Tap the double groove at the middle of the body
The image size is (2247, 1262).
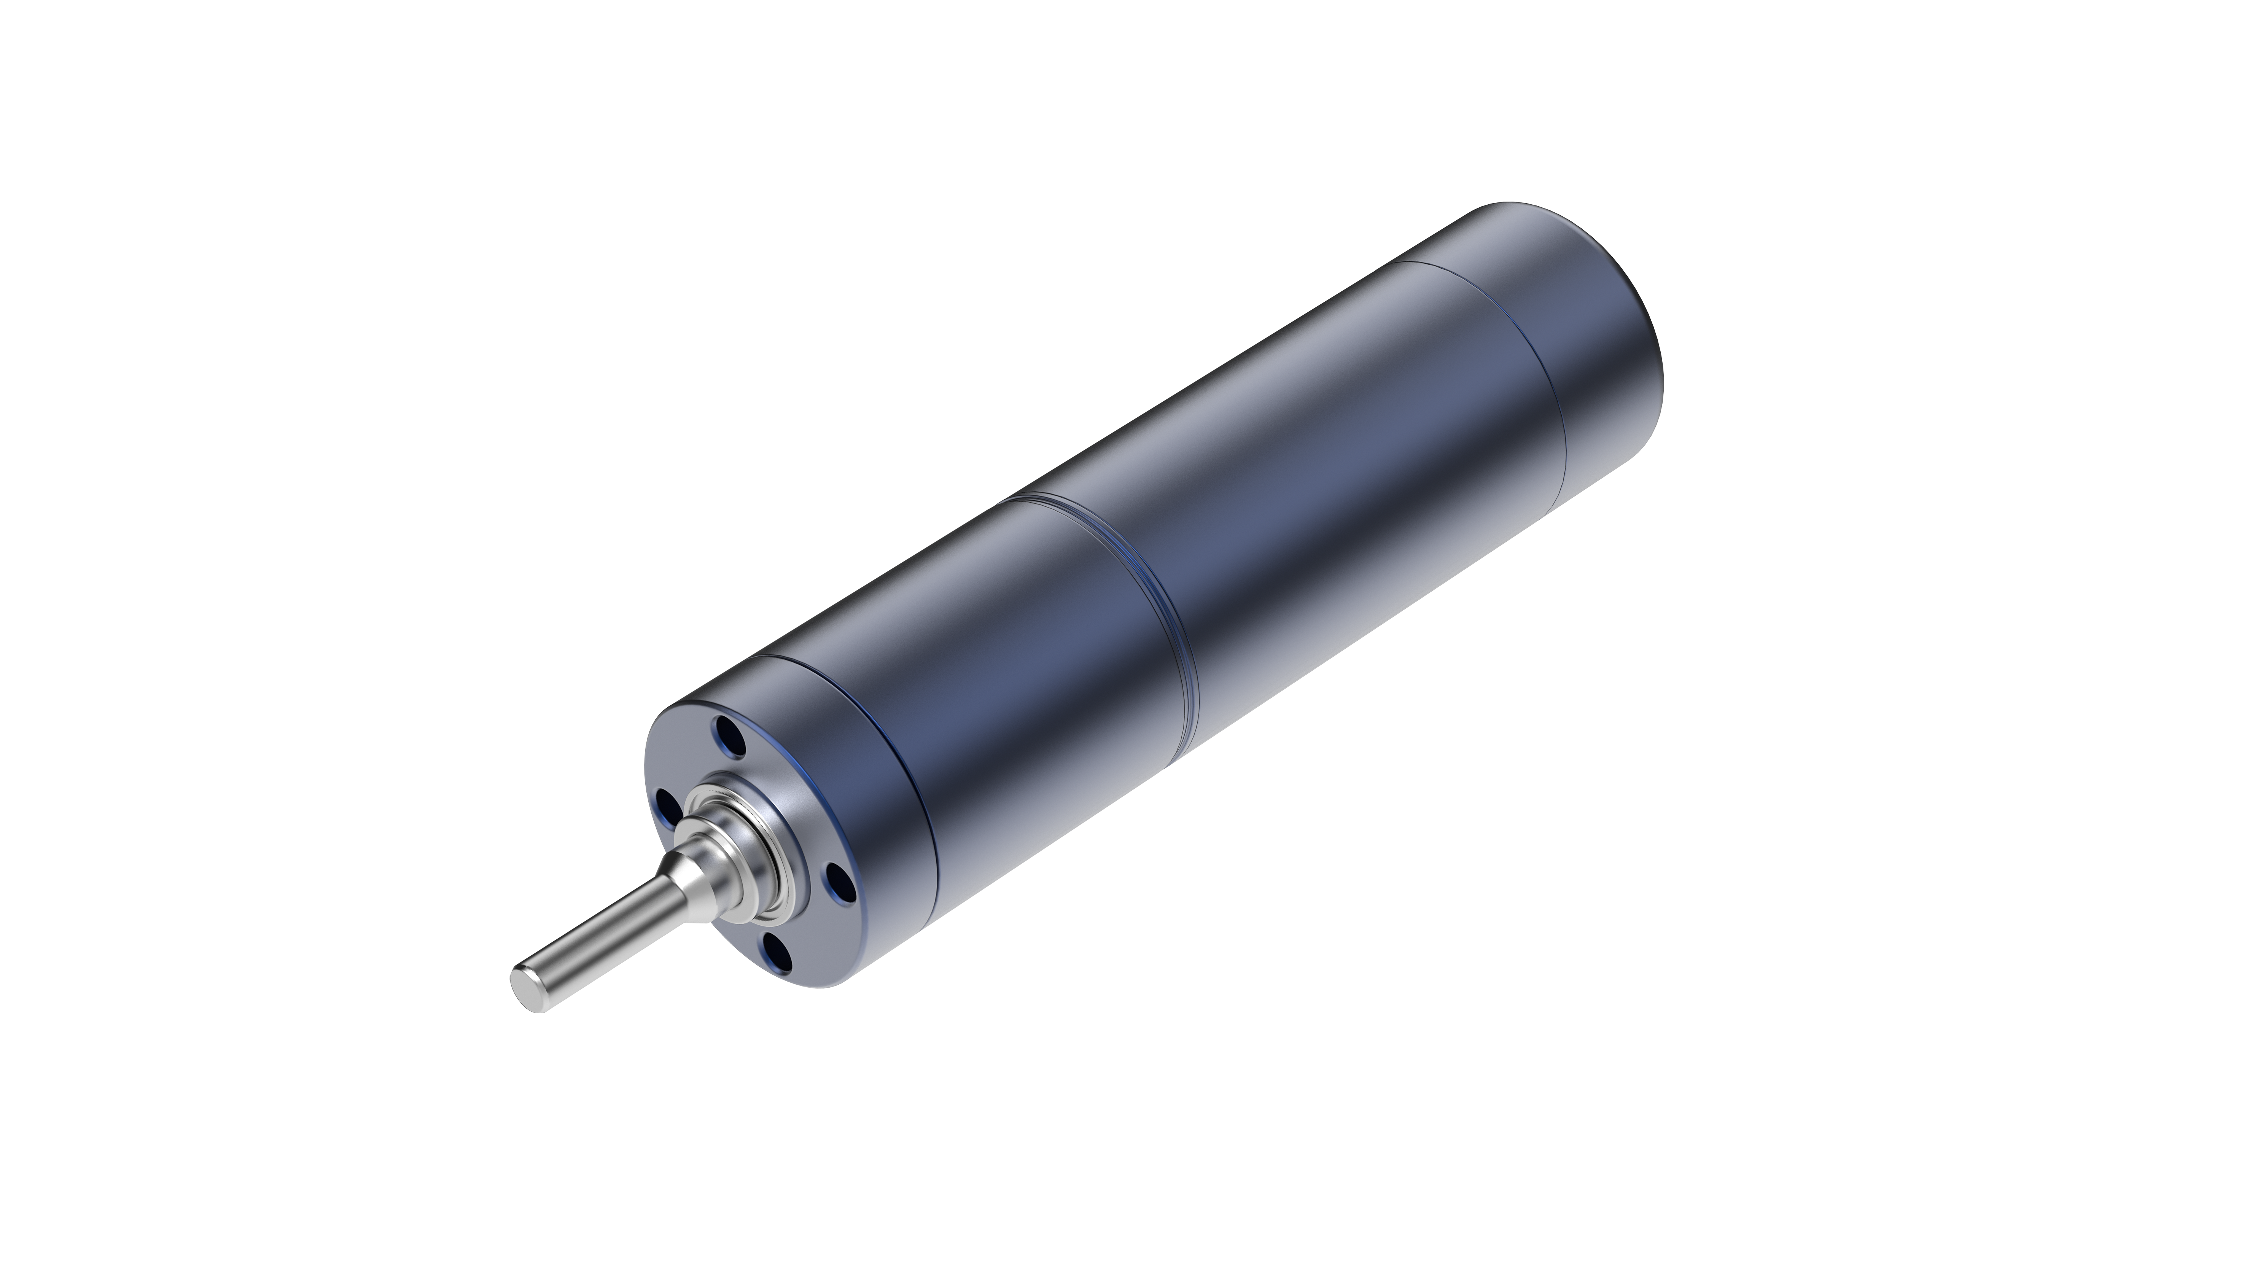[1169, 593]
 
